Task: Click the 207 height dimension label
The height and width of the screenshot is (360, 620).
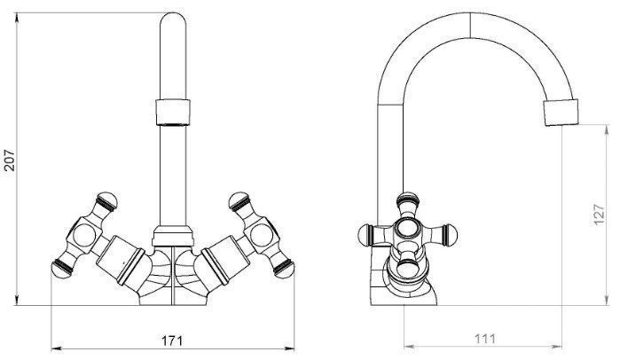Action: (9, 160)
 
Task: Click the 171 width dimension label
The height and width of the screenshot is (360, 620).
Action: (172, 340)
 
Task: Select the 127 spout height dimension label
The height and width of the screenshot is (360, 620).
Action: (600, 215)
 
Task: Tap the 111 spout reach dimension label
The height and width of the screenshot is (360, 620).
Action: (484, 339)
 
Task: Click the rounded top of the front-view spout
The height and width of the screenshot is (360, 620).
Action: (173, 19)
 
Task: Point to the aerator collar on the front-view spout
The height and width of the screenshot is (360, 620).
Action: (173, 113)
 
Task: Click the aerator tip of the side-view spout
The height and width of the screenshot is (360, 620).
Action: (561, 113)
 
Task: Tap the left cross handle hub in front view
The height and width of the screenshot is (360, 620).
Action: (84, 236)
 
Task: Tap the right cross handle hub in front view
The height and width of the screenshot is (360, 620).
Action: (262, 236)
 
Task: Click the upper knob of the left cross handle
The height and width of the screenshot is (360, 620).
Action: (106, 201)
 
